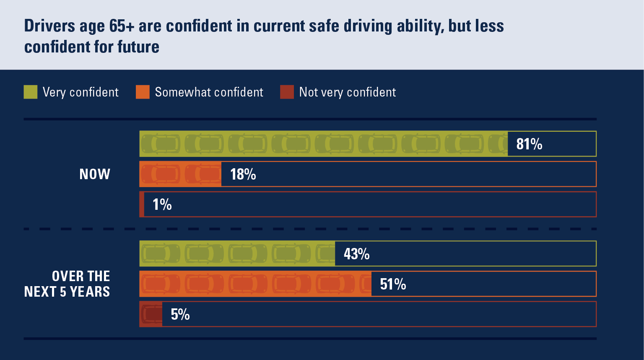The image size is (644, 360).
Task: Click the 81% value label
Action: [529, 144]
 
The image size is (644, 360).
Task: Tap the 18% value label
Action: [243, 174]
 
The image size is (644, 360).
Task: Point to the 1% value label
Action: [162, 204]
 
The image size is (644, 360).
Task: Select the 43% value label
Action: [357, 254]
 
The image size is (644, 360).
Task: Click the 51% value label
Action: [393, 284]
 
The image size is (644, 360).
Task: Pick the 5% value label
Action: [180, 314]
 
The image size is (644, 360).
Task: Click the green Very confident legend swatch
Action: [31, 92]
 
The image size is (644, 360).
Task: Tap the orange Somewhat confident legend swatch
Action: [143, 92]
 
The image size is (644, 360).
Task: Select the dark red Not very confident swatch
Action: [287, 92]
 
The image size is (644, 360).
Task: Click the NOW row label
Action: [95, 174]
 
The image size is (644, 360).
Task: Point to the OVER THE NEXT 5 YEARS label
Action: [67, 284]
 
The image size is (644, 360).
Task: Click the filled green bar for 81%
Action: [323, 144]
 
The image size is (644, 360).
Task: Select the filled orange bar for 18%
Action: [180, 174]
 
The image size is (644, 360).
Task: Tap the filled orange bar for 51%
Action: [255, 284]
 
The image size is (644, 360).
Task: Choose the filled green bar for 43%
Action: [237, 254]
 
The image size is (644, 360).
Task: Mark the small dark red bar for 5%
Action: [151, 314]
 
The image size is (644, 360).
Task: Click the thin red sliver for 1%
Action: [142, 204]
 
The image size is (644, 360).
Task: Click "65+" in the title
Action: [122, 26]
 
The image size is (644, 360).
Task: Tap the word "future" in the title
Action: [138, 47]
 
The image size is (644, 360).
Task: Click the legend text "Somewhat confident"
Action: [209, 92]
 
